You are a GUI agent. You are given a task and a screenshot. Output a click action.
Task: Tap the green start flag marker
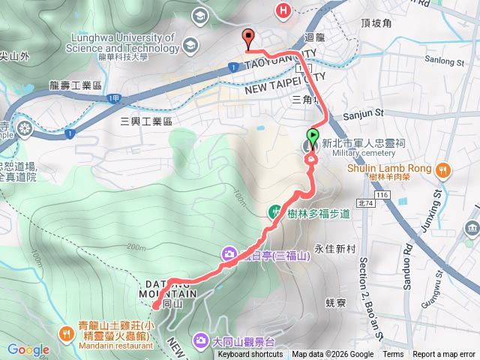312,139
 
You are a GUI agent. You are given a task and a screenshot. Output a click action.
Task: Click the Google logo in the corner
28,349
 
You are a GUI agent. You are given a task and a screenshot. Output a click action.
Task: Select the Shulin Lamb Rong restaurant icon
442,169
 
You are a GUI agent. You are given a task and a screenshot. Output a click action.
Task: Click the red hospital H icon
283,10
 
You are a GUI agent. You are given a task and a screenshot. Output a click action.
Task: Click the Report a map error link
445,355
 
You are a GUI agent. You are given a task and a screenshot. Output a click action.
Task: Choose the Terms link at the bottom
393,355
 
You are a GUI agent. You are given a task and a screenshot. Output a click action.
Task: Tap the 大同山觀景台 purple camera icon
201,341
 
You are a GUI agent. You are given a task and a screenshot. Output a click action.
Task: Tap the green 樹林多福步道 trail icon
275,213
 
